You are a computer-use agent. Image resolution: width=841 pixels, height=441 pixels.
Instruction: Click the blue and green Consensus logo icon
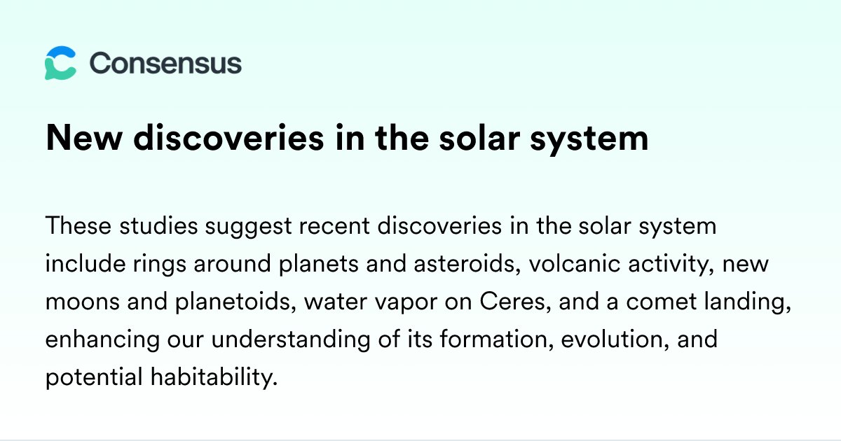coord(60,63)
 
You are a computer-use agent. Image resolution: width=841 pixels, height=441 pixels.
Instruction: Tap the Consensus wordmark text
coord(165,64)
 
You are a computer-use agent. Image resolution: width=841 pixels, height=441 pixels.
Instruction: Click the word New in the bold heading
coord(84,138)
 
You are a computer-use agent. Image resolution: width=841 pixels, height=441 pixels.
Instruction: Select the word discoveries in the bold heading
coord(228,138)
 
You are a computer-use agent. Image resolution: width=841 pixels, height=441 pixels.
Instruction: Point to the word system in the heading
coord(589,139)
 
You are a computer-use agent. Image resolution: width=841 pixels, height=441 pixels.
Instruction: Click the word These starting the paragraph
coord(78,225)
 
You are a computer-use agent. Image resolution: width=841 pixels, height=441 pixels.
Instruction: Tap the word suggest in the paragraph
coord(248,227)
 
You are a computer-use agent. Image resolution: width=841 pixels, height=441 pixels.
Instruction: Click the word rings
coord(160,265)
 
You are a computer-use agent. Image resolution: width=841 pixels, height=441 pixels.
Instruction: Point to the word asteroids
coord(467,264)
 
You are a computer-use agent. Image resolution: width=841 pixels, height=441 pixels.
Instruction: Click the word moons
coord(82,302)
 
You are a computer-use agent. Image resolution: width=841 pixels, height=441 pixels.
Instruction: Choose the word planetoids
coord(235,302)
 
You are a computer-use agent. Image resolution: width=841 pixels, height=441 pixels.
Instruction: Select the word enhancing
coord(102,340)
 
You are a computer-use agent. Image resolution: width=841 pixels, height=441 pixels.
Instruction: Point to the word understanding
coord(291,340)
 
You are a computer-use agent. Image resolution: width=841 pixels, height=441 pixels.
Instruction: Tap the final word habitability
coord(214,377)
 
